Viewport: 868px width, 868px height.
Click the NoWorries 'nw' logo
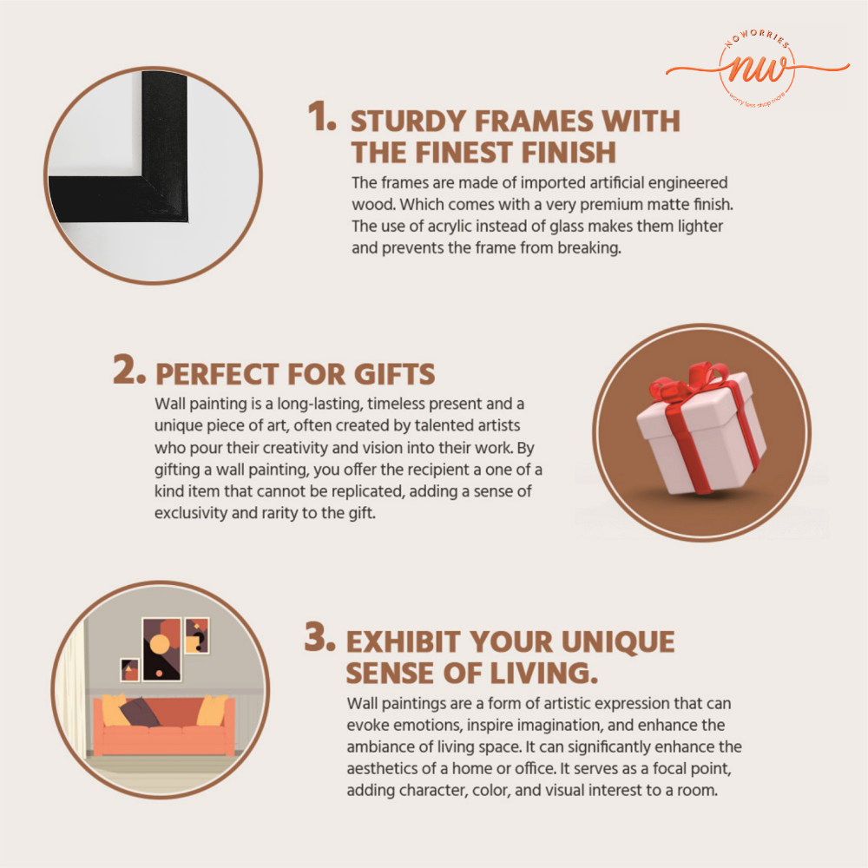[x=757, y=68]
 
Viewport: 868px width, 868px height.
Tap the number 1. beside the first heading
[x=322, y=117]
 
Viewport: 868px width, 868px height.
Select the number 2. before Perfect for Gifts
[x=129, y=369]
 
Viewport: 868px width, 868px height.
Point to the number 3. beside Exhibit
[x=320, y=636]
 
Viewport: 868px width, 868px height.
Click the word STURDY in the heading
[x=408, y=122]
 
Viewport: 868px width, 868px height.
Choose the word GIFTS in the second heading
[x=395, y=374]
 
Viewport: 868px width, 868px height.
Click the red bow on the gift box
[x=692, y=381]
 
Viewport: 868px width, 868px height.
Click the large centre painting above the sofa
[x=161, y=649]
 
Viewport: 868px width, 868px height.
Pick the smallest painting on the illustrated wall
[x=129, y=670]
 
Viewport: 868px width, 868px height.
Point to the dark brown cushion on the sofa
[x=139, y=712]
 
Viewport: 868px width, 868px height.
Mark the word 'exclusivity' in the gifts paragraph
[x=190, y=514]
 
